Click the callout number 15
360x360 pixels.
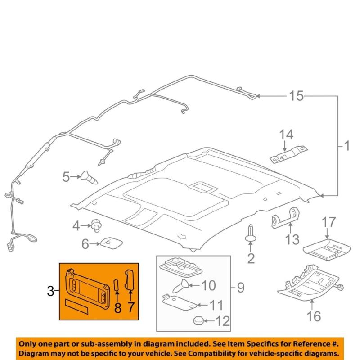296,96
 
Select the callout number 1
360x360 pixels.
346,146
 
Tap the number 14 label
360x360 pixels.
286,135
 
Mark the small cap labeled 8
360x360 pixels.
116,287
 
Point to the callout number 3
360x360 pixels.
50,292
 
